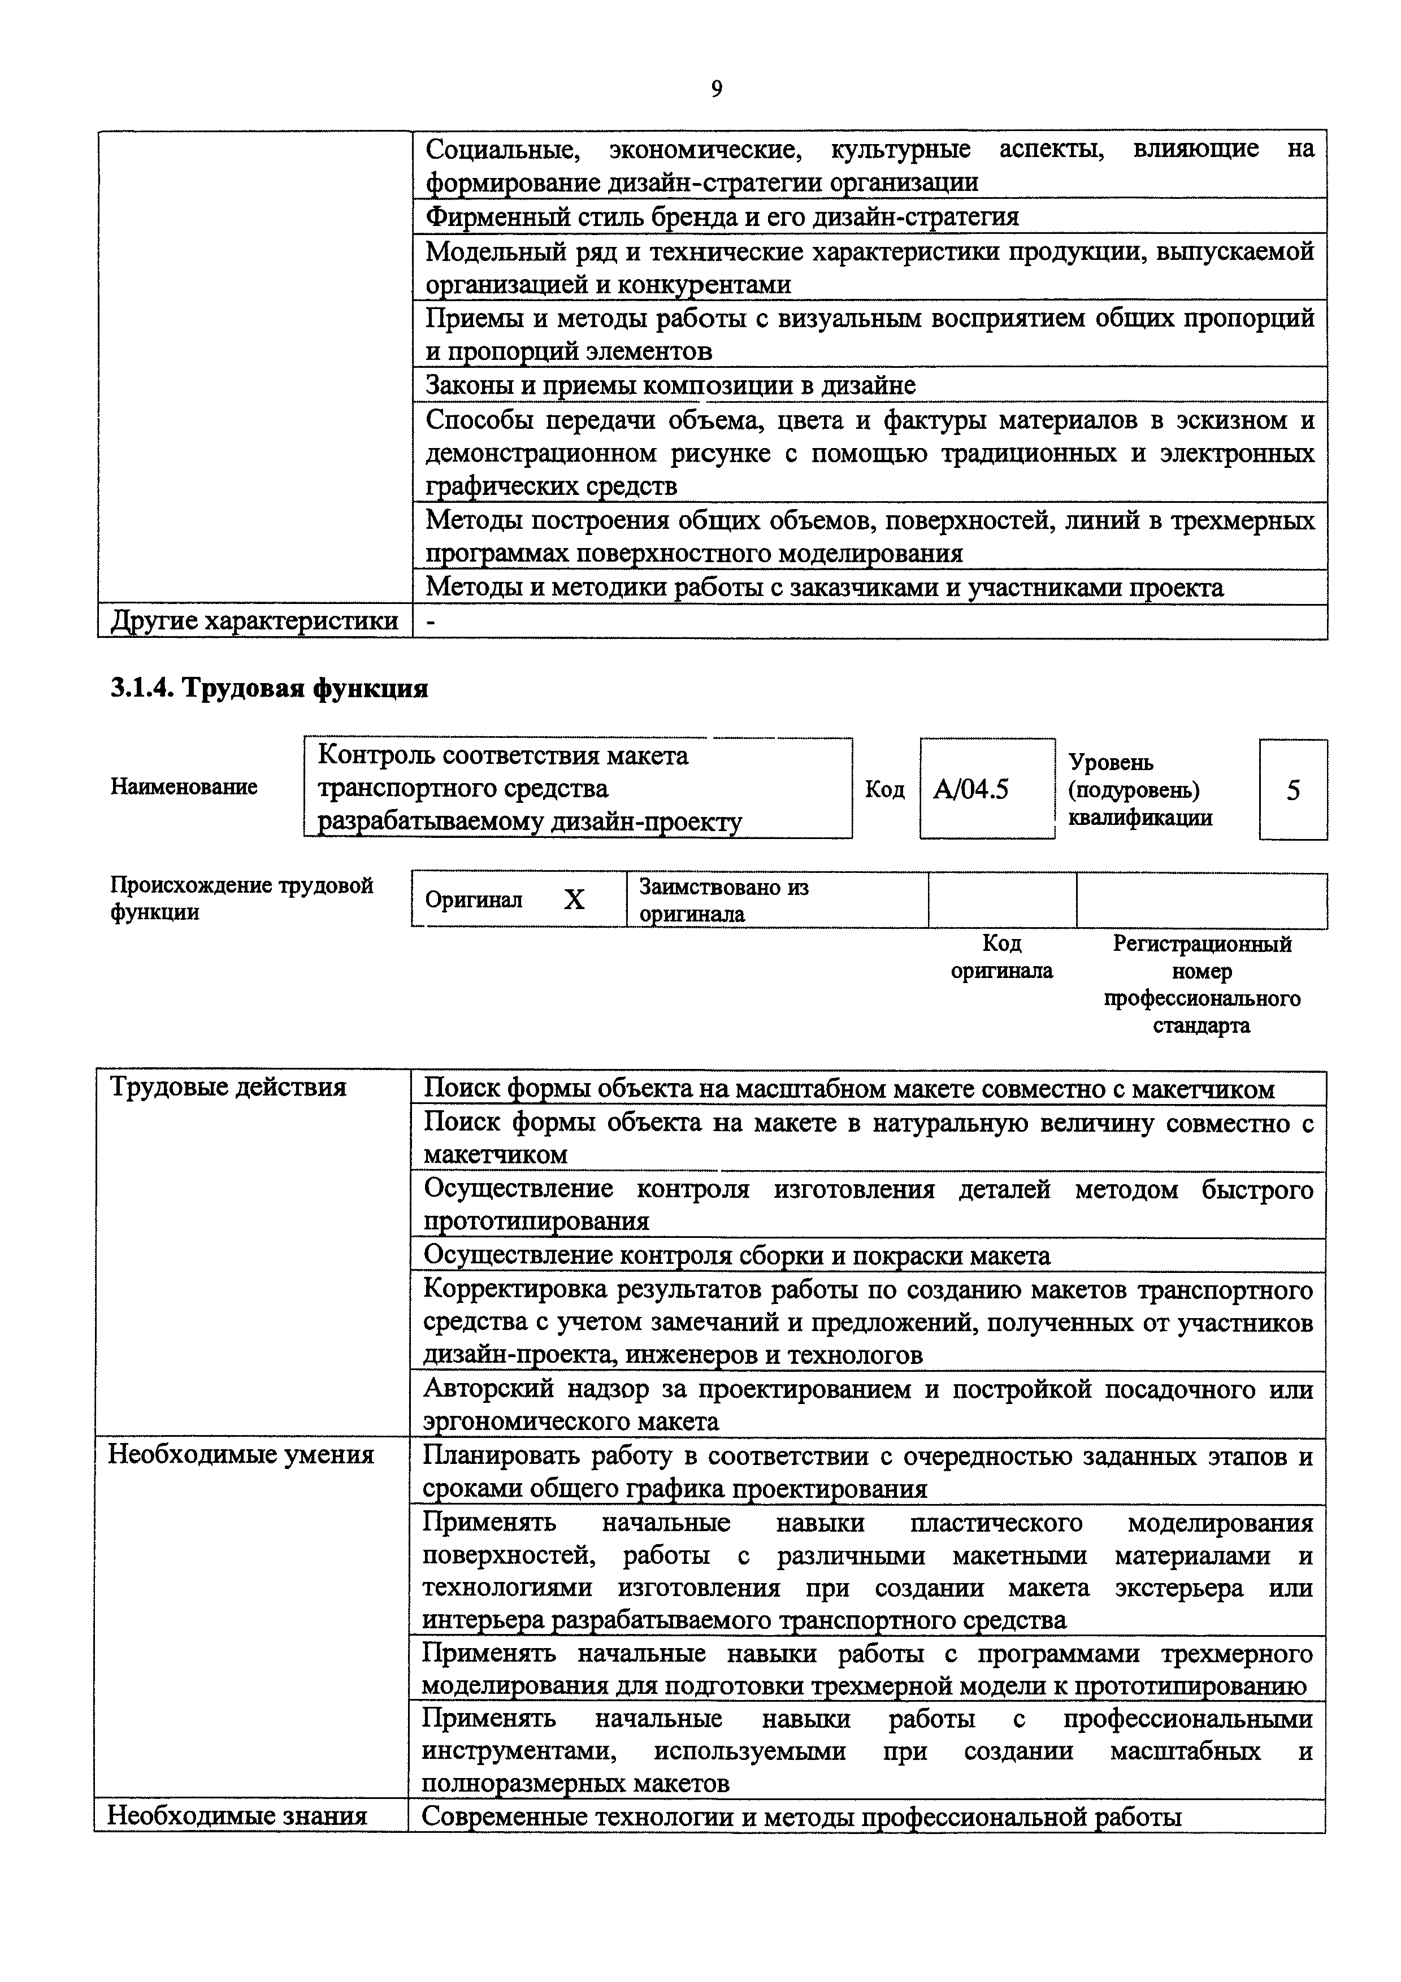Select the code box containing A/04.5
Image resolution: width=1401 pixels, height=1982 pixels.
point(987,789)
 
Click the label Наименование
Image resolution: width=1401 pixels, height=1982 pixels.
point(184,786)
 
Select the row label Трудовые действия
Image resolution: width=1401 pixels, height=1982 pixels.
point(228,1087)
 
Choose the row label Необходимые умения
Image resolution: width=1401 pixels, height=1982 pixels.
point(241,1454)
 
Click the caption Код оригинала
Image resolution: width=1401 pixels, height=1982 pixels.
point(1001,957)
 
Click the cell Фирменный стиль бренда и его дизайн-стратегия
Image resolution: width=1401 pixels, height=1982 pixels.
point(722,216)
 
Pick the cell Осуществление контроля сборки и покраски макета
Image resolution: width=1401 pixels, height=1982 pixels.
point(737,1255)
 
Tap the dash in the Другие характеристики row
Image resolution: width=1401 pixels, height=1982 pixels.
point(430,621)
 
